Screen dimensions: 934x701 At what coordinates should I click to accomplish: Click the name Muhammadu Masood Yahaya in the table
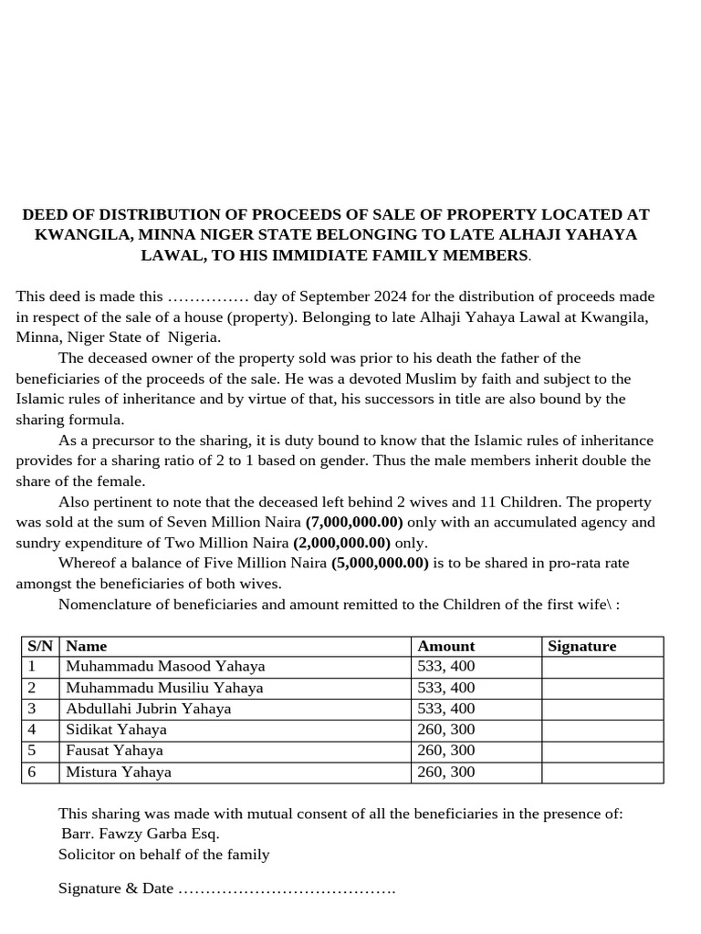(165, 667)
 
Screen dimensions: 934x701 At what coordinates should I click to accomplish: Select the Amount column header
(445, 646)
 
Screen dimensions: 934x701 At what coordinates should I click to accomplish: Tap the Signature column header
(581, 646)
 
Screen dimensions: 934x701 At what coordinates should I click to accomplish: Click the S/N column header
(39, 646)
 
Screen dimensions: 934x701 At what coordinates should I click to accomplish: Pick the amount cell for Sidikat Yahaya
(445, 730)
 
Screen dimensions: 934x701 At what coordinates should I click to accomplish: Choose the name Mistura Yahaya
(118, 773)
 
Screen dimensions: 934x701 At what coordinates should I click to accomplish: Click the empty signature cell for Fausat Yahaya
(602, 751)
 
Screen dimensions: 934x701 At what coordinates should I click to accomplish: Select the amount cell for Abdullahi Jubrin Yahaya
(445, 709)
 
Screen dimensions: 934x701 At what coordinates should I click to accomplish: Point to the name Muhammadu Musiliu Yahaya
(164, 688)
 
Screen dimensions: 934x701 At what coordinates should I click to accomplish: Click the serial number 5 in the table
(32, 751)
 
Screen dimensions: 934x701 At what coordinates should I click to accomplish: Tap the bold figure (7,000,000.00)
(354, 523)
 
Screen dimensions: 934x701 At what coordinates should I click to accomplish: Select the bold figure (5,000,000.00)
(380, 563)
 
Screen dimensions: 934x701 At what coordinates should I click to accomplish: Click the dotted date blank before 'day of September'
(209, 297)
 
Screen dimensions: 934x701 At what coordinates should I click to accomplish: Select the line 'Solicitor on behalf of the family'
(164, 855)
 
